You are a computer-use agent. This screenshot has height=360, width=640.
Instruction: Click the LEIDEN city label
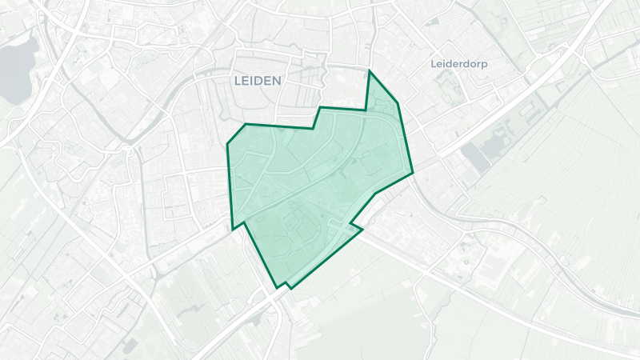click(257, 81)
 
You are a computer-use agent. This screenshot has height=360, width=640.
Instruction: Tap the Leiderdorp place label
click(459, 63)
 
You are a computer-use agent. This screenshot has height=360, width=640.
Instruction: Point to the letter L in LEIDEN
click(237, 81)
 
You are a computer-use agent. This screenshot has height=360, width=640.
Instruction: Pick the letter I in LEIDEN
click(252, 81)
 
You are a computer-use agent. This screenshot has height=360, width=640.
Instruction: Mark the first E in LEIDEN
click(245, 81)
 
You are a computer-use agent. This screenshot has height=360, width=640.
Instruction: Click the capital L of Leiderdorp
click(434, 63)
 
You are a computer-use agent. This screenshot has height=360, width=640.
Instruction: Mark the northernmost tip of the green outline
click(369, 71)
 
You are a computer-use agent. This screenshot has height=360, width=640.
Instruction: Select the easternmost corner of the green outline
click(412, 172)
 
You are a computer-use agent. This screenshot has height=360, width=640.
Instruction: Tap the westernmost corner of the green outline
click(227, 144)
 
